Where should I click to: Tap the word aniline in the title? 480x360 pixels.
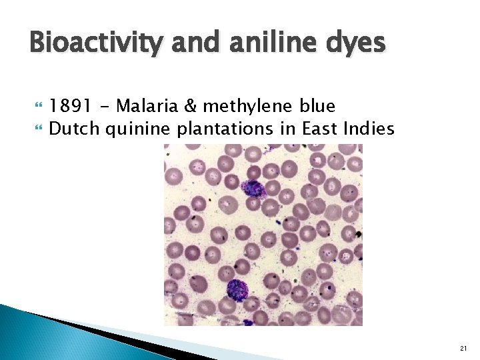pos(267,43)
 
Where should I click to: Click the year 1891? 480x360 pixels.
pos(69,106)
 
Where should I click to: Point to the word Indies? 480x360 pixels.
pos(369,128)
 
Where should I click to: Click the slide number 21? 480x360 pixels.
pos(463,348)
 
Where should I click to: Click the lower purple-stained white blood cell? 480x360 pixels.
pos(236,291)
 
